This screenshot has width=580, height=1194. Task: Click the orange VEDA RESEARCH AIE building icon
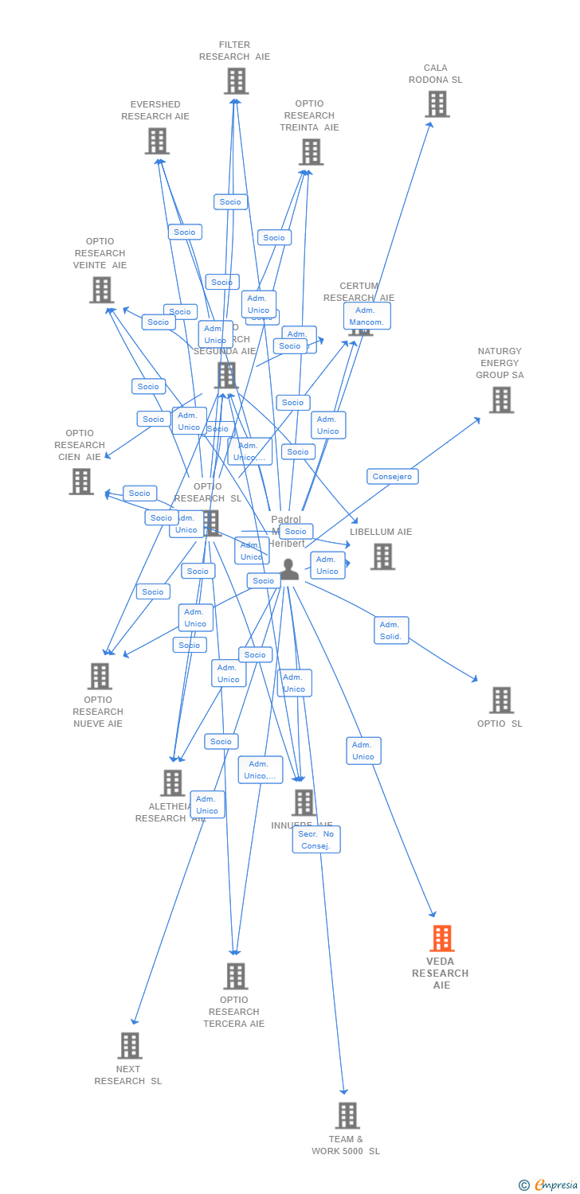[x=442, y=938]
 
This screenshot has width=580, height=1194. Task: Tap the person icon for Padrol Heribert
[x=289, y=569]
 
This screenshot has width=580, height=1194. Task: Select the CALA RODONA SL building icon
[x=437, y=104]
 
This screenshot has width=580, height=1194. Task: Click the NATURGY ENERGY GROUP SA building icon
[x=501, y=400]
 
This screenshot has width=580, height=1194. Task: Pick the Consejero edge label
[x=393, y=476]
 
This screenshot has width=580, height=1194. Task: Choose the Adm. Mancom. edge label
[x=367, y=316]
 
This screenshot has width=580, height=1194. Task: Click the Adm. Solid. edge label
[x=391, y=630]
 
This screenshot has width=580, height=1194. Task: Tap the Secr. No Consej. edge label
[x=316, y=839]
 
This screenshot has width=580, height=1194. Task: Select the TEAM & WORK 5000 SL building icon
[x=347, y=1115]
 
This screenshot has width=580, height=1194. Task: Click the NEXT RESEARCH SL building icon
[x=130, y=1045]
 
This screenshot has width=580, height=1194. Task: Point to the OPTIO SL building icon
[x=501, y=700]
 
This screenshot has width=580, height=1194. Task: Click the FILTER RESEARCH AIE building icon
[x=236, y=81]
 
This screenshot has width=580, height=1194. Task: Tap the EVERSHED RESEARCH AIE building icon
[x=157, y=141]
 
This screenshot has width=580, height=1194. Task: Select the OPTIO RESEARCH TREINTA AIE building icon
[x=311, y=152]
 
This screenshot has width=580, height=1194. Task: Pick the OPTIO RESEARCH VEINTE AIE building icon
[x=101, y=290]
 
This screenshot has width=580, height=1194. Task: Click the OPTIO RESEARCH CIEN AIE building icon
[x=81, y=482]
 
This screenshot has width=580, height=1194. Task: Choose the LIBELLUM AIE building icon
[x=382, y=556]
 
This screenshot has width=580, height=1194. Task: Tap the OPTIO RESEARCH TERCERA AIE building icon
[x=236, y=976]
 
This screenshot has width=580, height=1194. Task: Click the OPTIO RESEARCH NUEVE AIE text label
[x=98, y=712]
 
